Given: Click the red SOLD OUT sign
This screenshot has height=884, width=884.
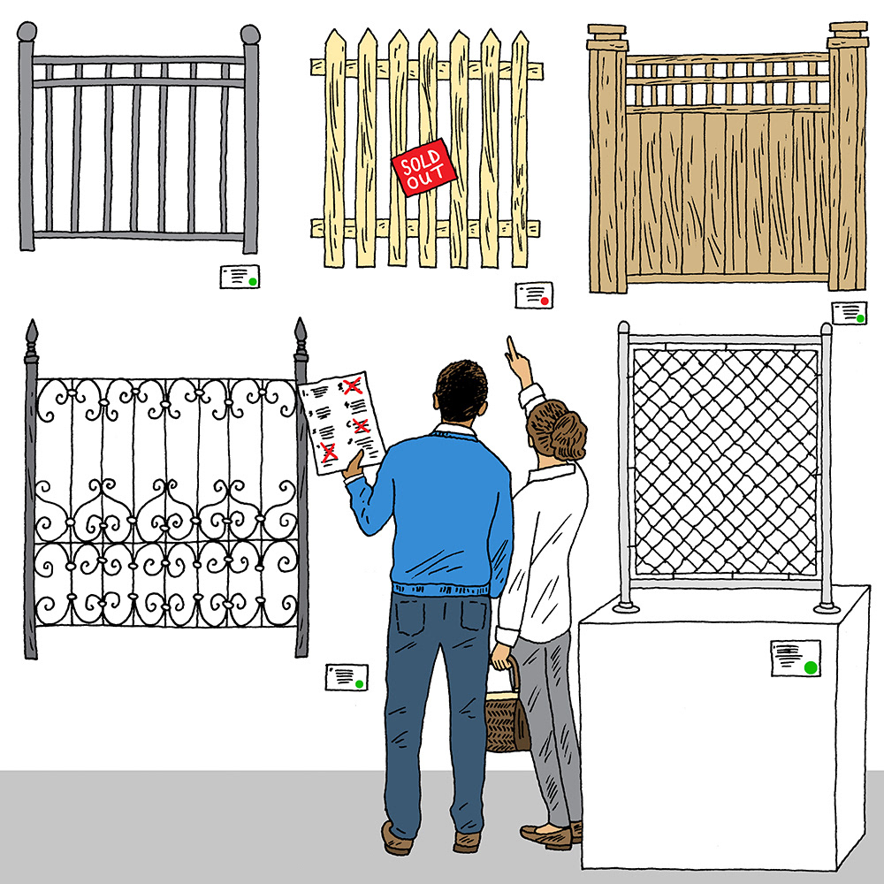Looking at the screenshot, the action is click(424, 167).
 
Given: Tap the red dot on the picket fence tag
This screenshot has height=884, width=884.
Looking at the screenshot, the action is click(544, 301).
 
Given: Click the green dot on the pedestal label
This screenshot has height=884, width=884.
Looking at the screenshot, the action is click(811, 667).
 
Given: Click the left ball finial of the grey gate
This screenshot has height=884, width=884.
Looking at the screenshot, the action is click(27, 32).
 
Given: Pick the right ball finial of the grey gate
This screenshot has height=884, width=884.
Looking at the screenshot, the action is click(250, 34).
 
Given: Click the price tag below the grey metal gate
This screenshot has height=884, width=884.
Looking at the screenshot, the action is click(240, 276).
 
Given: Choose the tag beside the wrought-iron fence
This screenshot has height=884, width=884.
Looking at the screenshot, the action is click(347, 677).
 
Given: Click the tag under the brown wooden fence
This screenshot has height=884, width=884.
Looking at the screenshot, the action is click(849, 313).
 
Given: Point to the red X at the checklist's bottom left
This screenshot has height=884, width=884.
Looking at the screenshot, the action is click(328, 452).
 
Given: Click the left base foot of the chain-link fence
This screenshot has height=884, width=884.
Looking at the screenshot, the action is click(626, 607).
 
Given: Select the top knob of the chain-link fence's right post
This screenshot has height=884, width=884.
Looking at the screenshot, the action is click(826, 329).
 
